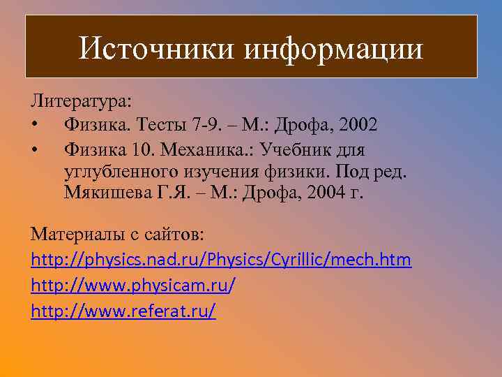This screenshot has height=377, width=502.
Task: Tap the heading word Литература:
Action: pyautogui.click(x=81, y=101)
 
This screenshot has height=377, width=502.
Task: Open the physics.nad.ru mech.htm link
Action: pyautogui.click(x=222, y=260)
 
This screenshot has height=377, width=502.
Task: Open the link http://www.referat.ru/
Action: pyautogui.click(x=123, y=310)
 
